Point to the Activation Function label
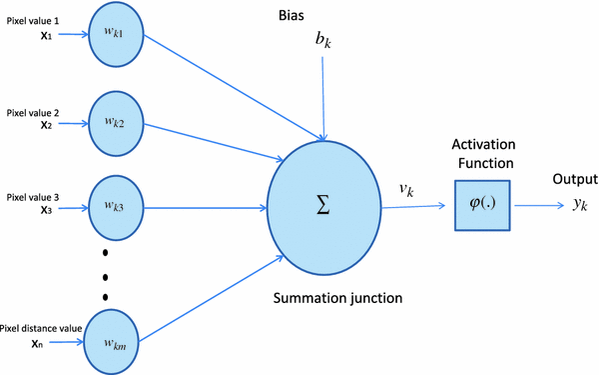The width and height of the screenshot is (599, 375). (482, 153)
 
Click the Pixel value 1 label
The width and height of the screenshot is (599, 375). (33, 20)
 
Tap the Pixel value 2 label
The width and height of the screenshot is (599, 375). (33, 112)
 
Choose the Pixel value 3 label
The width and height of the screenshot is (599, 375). (33, 197)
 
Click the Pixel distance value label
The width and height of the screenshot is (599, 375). (41, 327)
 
